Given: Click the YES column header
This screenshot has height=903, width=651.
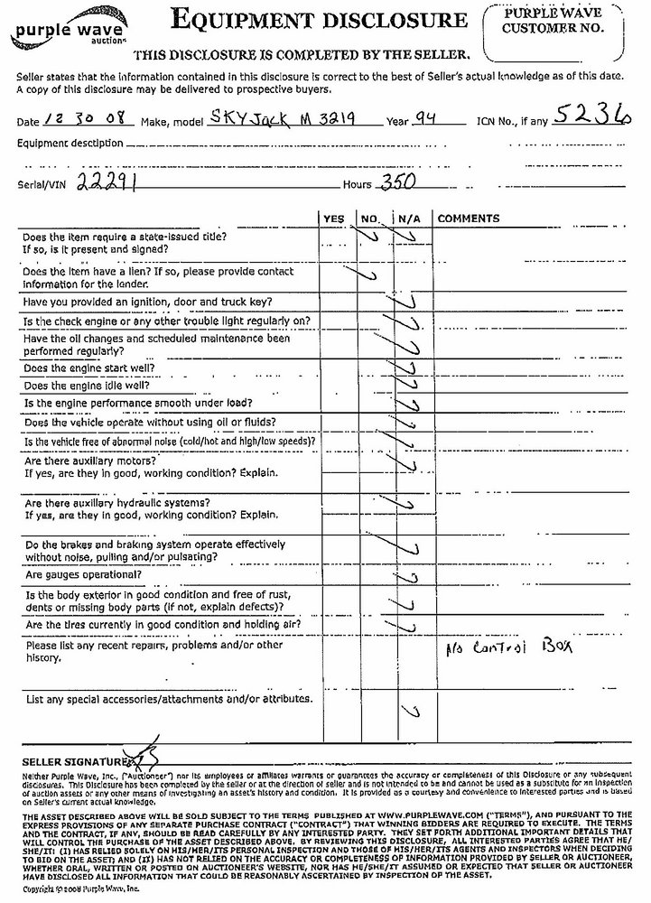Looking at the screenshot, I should (x=333, y=219).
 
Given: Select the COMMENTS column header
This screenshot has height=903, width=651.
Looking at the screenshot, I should (x=469, y=219).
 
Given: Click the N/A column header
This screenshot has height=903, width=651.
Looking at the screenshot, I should (x=408, y=219).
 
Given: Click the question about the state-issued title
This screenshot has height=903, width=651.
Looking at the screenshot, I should (x=124, y=241).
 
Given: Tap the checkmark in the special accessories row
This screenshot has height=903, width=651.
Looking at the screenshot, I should (x=414, y=712).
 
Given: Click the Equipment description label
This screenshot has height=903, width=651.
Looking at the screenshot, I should (x=70, y=143).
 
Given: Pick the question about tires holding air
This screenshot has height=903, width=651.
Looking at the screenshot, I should (x=163, y=625).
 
